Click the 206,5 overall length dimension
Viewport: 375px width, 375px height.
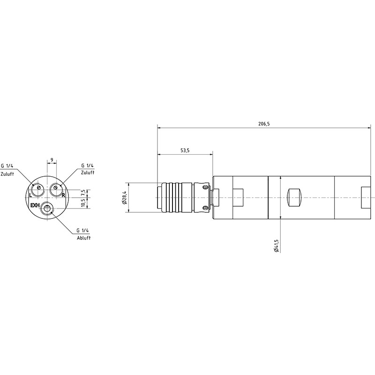[x=264, y=124]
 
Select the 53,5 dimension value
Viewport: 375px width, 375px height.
[x=185, y=150]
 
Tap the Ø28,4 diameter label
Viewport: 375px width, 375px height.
[x=124, y=197]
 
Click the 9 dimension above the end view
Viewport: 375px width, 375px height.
[x=52, y=160]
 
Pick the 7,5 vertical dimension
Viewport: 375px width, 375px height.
[x=83, y=193]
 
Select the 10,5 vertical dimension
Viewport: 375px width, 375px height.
[x=83, y=203]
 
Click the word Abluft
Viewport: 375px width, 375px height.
[x=84, y=238]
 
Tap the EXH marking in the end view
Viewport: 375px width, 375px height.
[x=35, y=205]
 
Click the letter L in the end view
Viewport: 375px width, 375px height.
[x=30, y=195]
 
